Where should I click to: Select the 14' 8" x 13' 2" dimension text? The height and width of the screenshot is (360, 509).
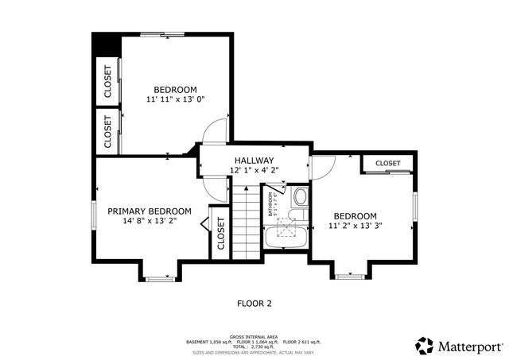pyautogui.click(x=146, y=222)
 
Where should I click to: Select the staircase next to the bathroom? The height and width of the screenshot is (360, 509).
pyautogui.click(x=247, y=223)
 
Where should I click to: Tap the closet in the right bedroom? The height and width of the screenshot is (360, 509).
pyautogui.click(x=387, y=163)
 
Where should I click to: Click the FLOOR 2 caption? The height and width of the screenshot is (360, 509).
pyautogui.click(x=254, y=303)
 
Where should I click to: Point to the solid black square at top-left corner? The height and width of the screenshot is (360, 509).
pyautogui.click(x=104, y=45)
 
